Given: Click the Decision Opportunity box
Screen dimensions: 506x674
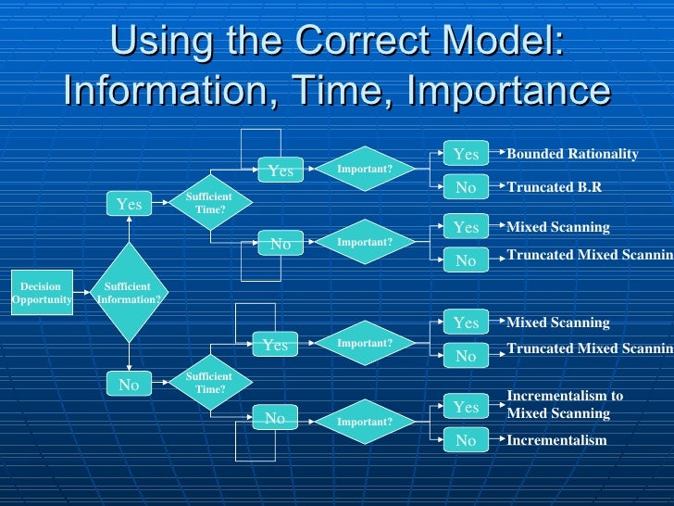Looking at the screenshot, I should [42, 293].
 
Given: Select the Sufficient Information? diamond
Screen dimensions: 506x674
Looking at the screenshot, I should [129, 293].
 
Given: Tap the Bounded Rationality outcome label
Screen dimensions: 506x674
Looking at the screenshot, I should [572, 154].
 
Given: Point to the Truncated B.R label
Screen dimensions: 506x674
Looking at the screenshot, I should [554, 187].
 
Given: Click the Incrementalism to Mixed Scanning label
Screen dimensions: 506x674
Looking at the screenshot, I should [564, 405].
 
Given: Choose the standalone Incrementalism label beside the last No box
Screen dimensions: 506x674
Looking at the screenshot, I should [556, 440].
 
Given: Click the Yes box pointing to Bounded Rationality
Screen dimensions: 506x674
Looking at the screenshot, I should [466, 154].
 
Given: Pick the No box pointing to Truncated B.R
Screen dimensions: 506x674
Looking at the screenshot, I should [466, 187].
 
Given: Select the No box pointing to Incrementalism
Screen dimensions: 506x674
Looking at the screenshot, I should [466, 440].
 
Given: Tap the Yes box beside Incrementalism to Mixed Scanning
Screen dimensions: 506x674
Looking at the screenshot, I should [466, 407].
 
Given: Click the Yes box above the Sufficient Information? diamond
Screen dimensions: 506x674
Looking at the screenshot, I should [129, 204].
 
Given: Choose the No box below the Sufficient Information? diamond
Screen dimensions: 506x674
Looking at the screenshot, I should [129, 384].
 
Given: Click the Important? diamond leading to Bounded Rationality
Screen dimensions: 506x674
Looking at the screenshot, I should [364, 169].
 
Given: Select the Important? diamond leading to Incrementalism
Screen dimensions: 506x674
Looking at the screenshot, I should [364, 422].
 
